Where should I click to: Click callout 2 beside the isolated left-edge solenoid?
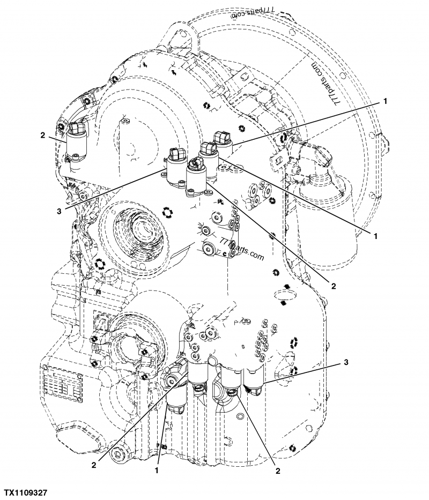[x=42, y=136]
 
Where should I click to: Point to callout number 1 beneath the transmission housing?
[x=156, y=471]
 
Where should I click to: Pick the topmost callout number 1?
[x=384, y=100]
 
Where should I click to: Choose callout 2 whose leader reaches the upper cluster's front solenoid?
[x=333, y=286]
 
